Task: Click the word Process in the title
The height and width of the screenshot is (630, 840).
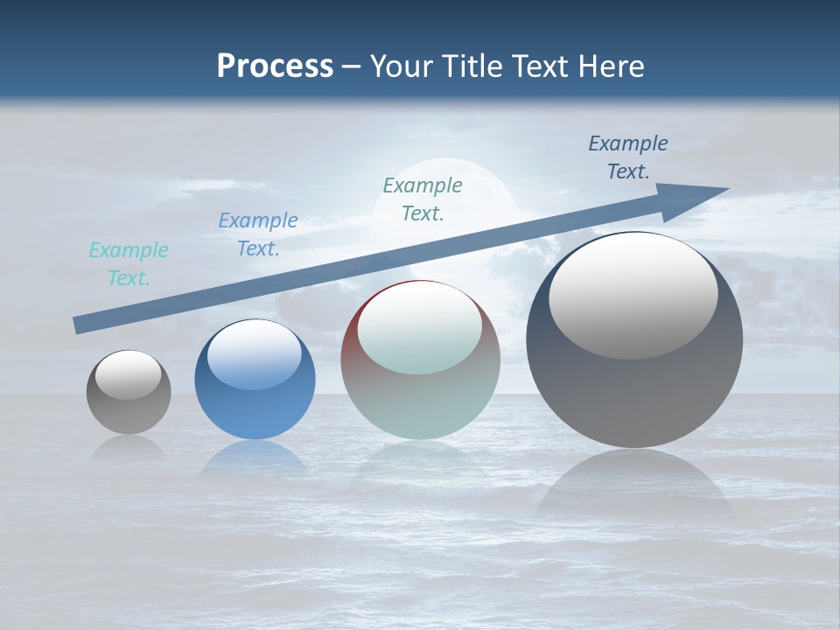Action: (275, 66)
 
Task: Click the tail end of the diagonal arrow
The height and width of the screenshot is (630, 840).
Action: (77, 325)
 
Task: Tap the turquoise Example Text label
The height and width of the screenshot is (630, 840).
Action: (129, 264)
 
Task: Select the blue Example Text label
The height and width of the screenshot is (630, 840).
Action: (258, 234)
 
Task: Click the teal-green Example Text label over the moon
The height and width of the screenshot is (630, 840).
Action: (423, 199)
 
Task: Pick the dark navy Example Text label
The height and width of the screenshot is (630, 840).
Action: (628, 157)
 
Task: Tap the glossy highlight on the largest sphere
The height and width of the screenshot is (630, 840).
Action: (633, 295)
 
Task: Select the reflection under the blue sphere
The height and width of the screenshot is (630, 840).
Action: (255, 459)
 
